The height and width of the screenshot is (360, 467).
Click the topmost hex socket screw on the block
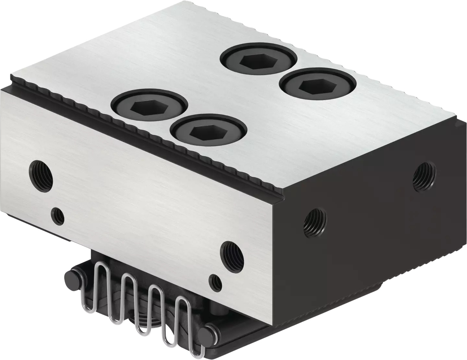[x=258, y=59]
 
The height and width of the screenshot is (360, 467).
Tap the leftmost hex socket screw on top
[x=149, y=105]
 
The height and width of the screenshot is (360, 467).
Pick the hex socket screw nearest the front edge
[x=208, y=131]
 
